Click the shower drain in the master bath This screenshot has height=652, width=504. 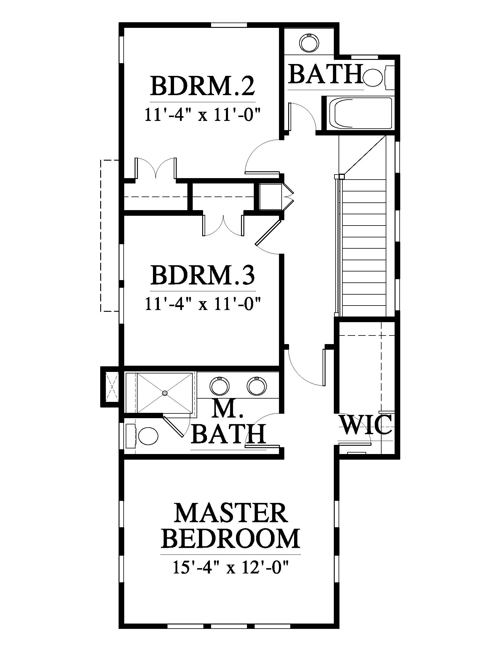pyautogui.click(x=165, y=393)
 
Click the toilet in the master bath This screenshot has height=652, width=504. pyautogui.click(x=143, y=437)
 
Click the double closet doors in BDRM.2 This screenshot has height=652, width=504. pyautogui.click(x=156, y=169)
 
